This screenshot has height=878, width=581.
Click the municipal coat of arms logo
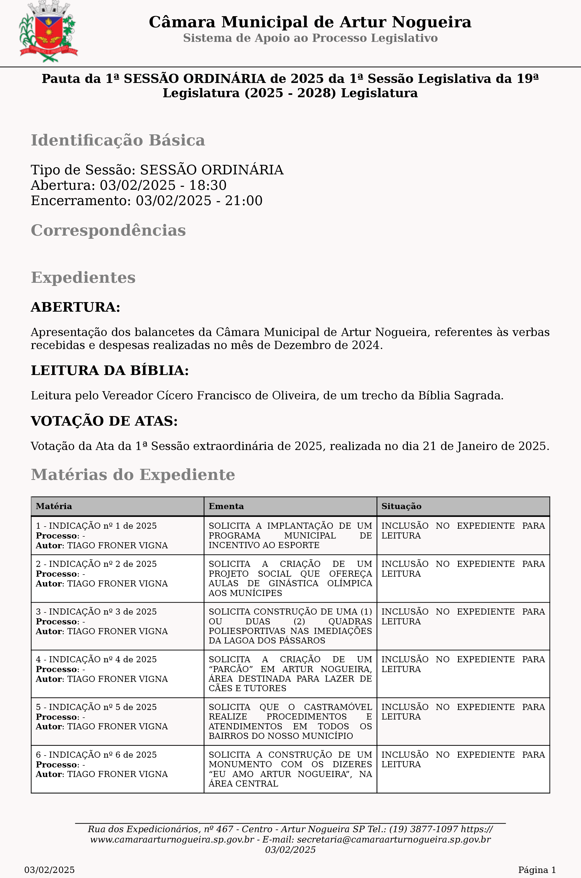(48, 32)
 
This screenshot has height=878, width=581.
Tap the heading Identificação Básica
(118, 140)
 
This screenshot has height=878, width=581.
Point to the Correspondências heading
(108, 230)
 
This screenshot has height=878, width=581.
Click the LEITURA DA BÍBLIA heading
(110, 370)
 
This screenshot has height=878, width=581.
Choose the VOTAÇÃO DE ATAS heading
(104, 421)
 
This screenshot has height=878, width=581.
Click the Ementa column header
(226, 506)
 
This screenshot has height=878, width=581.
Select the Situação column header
(401, 506)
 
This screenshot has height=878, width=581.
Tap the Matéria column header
(54, 506)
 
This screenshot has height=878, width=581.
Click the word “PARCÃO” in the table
(231, 669)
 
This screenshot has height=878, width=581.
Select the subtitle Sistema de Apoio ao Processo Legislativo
(310, 38)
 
